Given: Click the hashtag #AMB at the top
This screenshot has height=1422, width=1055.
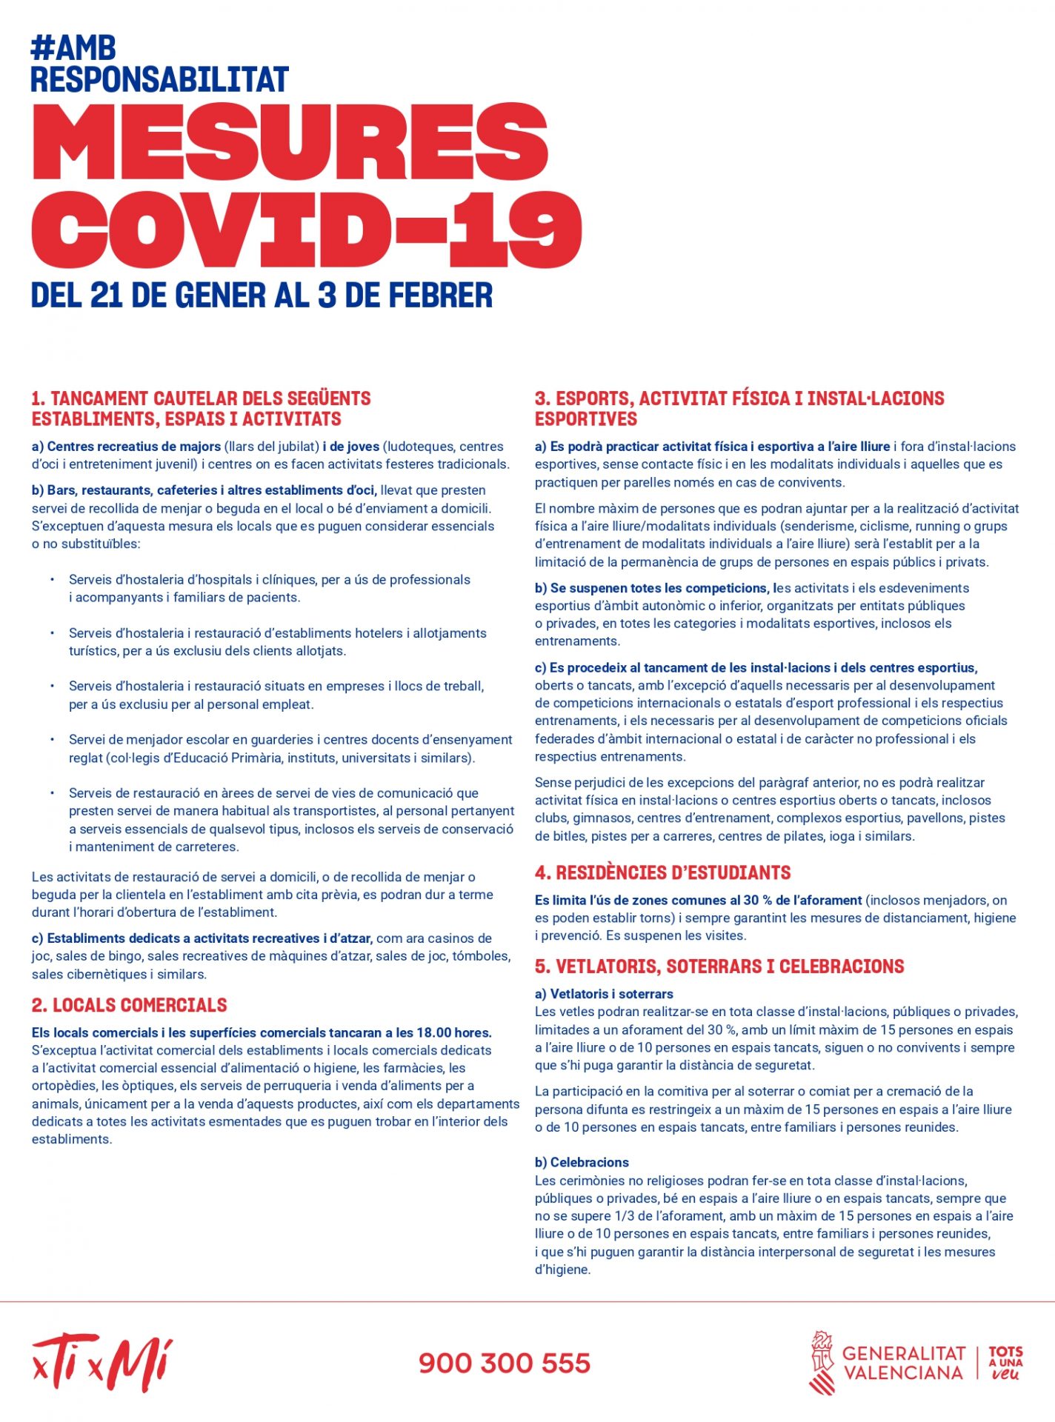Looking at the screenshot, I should pos(73,48).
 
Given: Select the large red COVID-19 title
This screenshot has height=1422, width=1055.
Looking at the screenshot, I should pos(306,230).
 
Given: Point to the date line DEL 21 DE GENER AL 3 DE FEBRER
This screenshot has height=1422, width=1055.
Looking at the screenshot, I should pos(262,295).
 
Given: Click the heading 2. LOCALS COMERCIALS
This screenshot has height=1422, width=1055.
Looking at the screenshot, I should pos(129,1005).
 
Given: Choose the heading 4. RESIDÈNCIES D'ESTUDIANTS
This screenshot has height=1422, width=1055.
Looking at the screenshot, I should pos(662,872).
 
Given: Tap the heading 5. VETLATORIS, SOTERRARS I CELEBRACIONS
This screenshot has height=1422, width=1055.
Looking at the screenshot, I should pos(719,967).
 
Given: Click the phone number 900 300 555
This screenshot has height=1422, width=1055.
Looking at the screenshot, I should pos(505,1363).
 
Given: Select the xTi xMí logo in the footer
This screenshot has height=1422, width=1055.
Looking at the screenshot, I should pos(102,1362).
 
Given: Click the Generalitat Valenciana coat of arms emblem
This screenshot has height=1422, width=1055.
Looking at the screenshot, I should pos(822,1362).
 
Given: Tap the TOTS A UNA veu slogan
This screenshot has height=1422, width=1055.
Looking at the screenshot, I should pos(1005,1363).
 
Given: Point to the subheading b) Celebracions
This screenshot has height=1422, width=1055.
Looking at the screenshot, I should pos(582,1162).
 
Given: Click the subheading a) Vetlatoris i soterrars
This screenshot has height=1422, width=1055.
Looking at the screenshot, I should pos(604,994).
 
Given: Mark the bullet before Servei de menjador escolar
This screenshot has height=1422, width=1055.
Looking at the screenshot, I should pos(52,739).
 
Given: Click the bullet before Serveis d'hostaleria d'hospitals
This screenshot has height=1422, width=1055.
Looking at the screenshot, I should pos(52,579).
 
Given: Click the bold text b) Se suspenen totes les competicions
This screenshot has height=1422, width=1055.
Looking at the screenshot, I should pos(652,588).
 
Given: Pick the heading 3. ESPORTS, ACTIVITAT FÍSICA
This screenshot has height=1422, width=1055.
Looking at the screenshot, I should pos(739,398).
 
